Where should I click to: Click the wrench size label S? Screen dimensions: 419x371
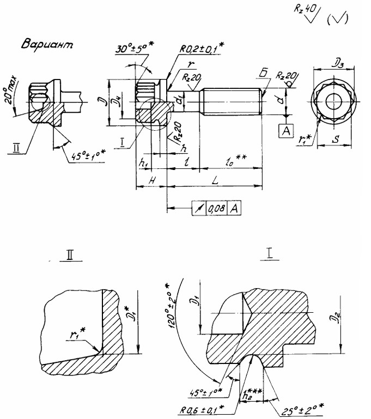(x=336, y=139)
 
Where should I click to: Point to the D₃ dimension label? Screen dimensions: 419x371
(x=333, y=63)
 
